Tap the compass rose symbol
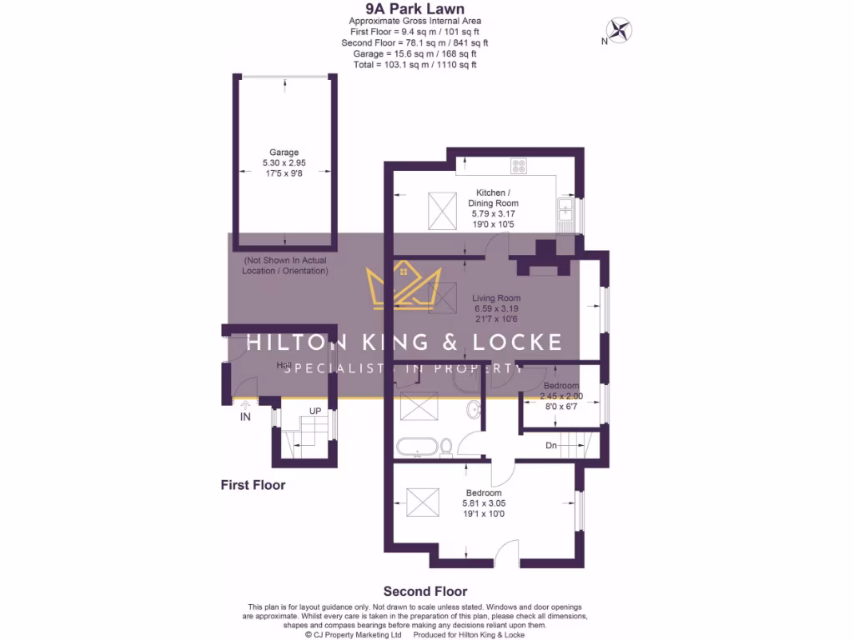point(618,31)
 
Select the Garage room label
point(284,152)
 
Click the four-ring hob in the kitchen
point(519,166)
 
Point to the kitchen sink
point(565,212)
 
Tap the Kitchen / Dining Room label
point(497,197)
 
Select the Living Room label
point(496,297)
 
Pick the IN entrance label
point(245,417)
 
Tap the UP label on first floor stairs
point(315,412)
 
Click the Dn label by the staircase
point(551,446)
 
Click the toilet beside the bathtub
point(446,447)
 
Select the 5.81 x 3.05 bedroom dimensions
point(484,503)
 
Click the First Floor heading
point(253,485)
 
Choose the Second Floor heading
point(425,592)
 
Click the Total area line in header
point(414,64)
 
